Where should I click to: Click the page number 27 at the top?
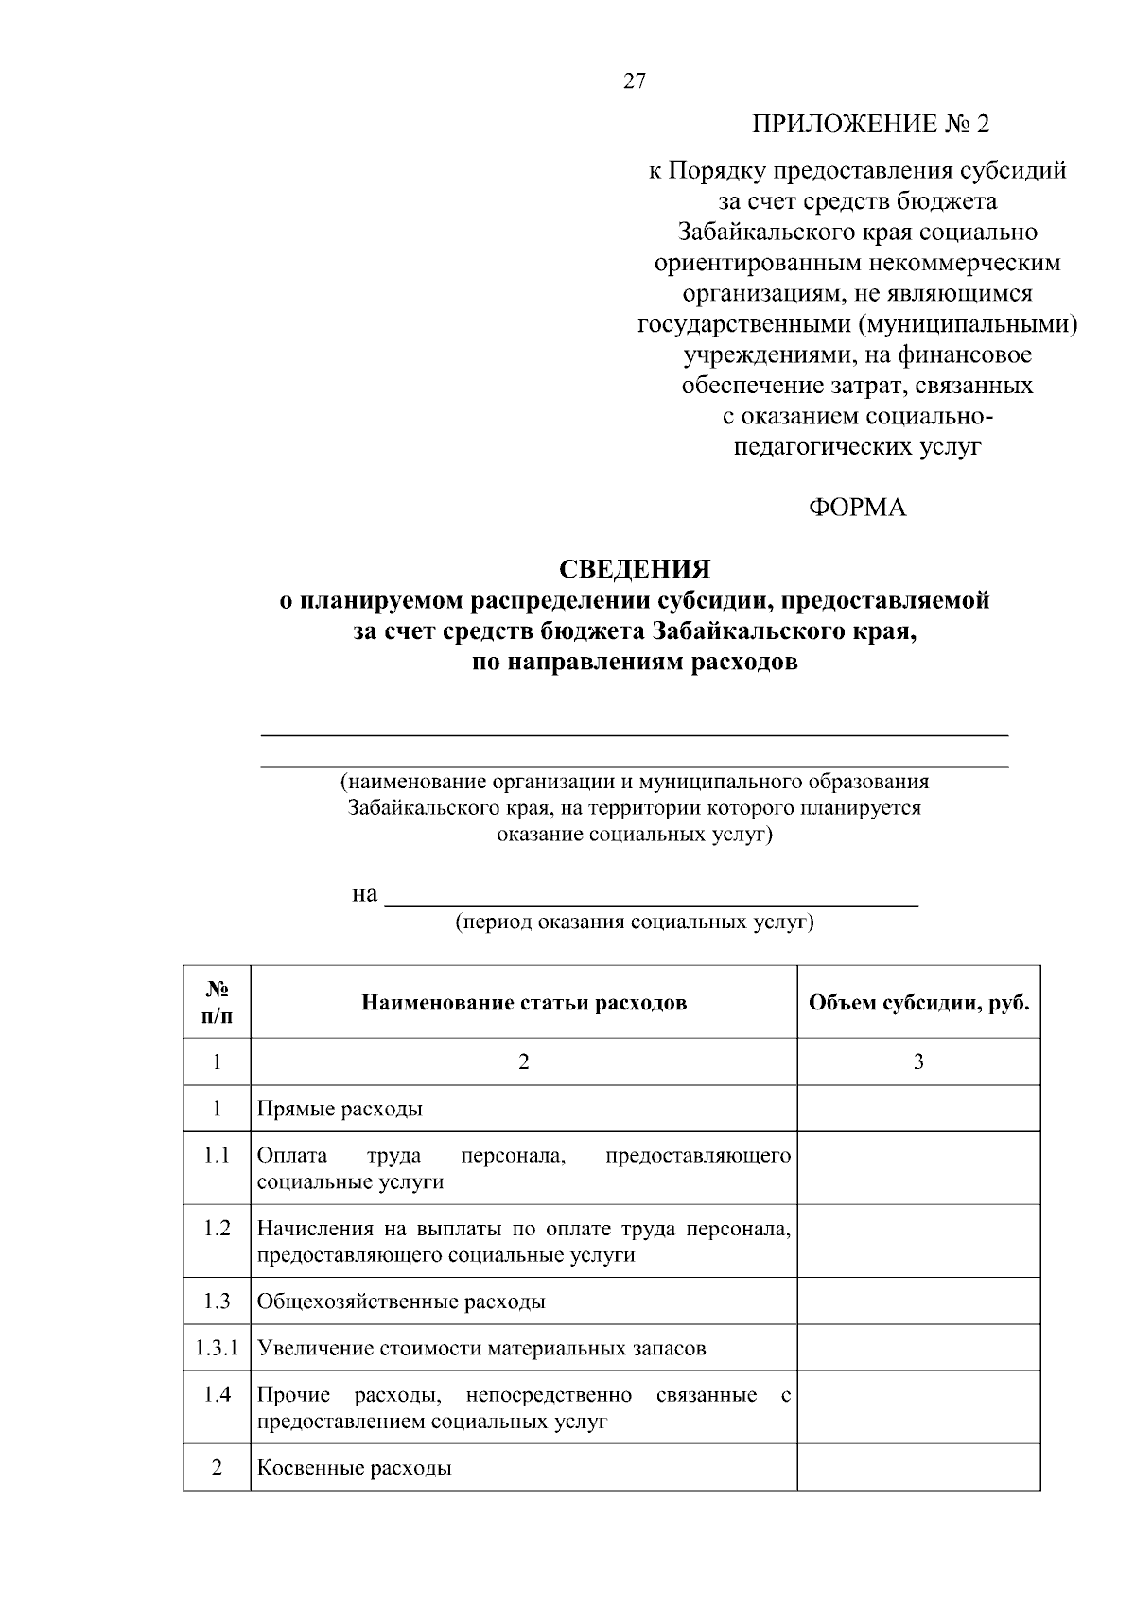point(634,81)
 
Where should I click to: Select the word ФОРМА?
point(857,509)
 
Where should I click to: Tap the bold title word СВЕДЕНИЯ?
point(634,569)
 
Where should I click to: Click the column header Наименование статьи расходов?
point(524,1003)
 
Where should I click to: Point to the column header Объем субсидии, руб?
point(918,1003)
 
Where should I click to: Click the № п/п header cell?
point(217,1002)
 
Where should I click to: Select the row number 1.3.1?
point(217,1348)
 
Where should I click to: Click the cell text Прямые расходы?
point(340,1109)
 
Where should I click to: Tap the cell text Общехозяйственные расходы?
point(401,1302)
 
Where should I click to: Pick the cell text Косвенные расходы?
point(354,1468)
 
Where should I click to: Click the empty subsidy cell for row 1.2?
point(918,1240)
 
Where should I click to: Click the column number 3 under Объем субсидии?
point(918,1061)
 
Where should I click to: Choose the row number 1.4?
point(217,1395)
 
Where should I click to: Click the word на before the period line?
point(364,894)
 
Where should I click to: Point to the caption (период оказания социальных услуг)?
point(634,923)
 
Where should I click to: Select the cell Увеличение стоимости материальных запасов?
point(481,1348)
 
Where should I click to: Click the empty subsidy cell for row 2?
point(918,1468)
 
